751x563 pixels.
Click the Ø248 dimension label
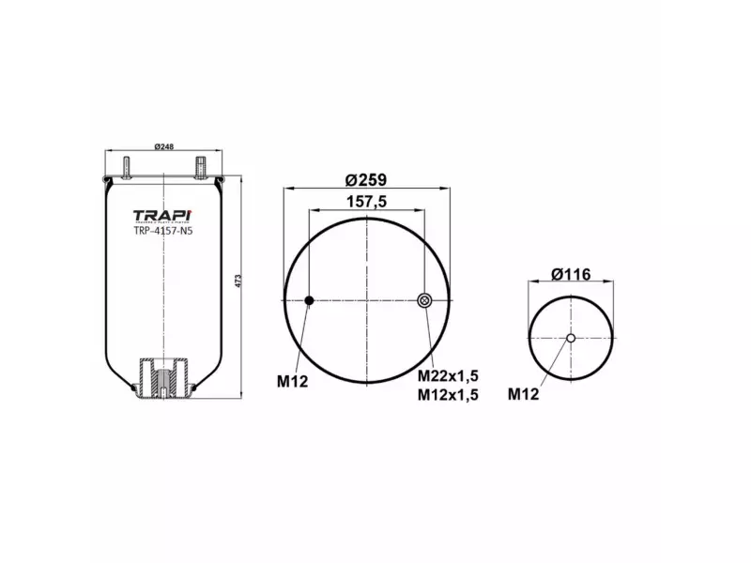click(165, 147)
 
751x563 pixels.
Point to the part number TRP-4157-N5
click(163, 231)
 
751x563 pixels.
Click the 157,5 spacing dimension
click(367, 201)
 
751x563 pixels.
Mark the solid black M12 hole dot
click(309, 300)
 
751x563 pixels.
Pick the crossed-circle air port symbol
click(423, 300)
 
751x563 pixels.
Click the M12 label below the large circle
click(292, 381)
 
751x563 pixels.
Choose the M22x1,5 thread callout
click(448, 376)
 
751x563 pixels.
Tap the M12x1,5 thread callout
click(448, 394)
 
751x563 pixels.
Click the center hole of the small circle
click(571, 338)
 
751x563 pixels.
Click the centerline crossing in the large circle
click(367, 300)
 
